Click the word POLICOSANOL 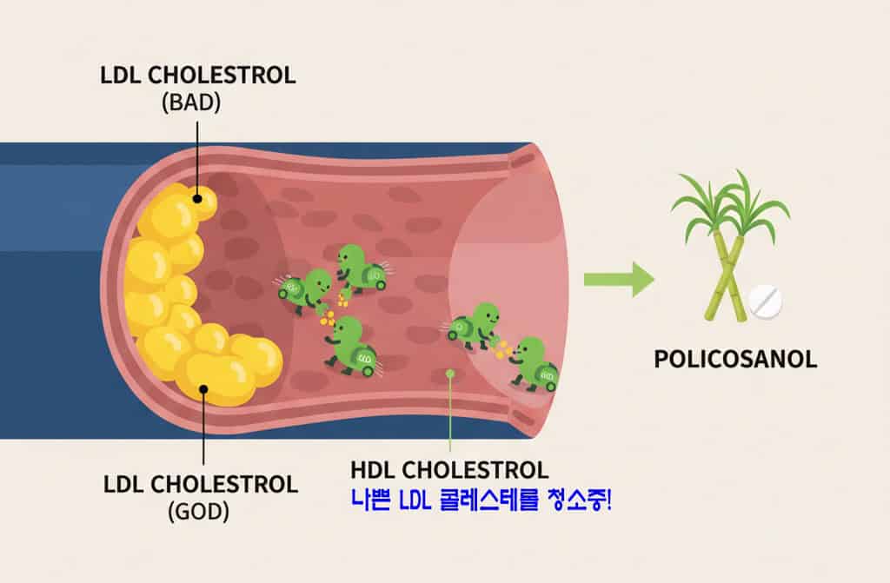(735, 359)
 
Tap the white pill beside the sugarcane (765, 301)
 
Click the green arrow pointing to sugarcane (618, 279)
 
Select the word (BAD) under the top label (191, 102)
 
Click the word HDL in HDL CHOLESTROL (372, 471)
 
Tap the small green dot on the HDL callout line (450, 374)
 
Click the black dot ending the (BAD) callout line (198, 195)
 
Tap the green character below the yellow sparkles (352, 344)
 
